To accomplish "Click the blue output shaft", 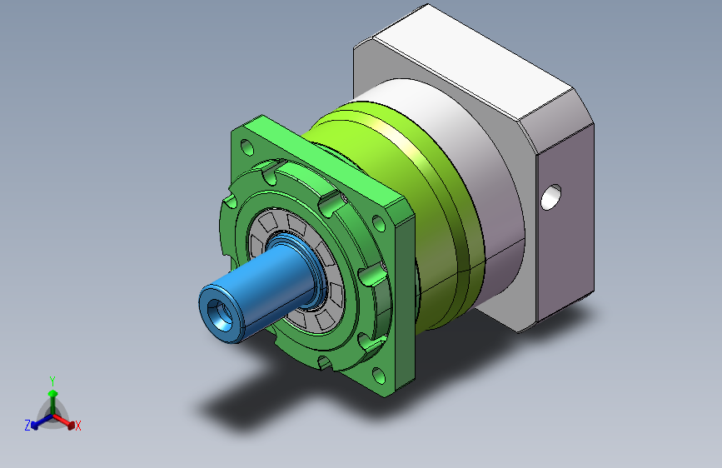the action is [x=258, y=290].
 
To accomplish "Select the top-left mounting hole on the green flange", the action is [x=247, y=147].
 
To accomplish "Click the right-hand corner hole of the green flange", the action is [x=379, y=223].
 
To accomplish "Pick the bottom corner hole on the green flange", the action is [x=379, y=376].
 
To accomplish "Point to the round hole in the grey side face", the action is [x=550, y=197].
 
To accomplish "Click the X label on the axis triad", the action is [x=77, y=426].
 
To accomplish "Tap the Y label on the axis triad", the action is [x=52, y=381].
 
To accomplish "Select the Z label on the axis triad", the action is [x=27, y=426].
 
